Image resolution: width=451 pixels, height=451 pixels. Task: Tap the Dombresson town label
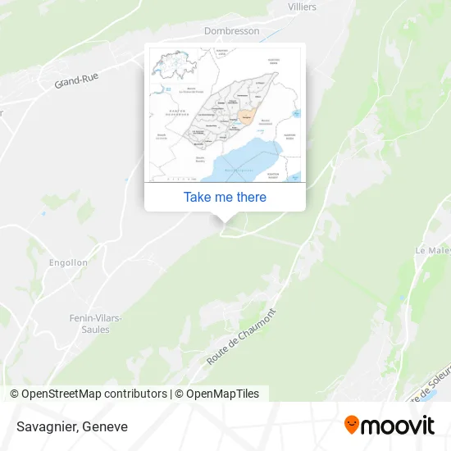coord(231,31)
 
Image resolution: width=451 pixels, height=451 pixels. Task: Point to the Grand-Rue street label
coord(76,80)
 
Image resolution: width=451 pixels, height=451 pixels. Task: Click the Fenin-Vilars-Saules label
coord(95,323)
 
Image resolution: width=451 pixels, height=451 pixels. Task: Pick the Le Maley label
coord(433,250)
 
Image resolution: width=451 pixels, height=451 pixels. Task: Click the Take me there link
coord(225,197)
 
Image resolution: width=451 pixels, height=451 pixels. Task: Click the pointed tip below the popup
coord(225,218)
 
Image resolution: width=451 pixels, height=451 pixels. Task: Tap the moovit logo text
coord(399,426)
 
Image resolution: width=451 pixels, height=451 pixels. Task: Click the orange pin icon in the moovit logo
coord(352,425)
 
